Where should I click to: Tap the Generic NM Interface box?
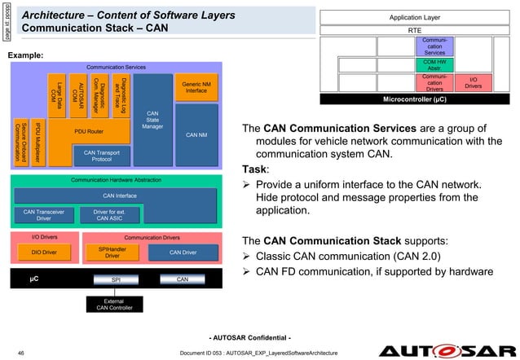196,86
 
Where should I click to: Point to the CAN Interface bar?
119,195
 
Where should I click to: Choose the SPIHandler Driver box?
112,252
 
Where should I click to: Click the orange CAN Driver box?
185,252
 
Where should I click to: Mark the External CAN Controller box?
114,304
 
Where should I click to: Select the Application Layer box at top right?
414,16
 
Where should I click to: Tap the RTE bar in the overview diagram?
414,30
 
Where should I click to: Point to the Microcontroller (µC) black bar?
414,99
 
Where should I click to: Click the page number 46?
20,351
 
